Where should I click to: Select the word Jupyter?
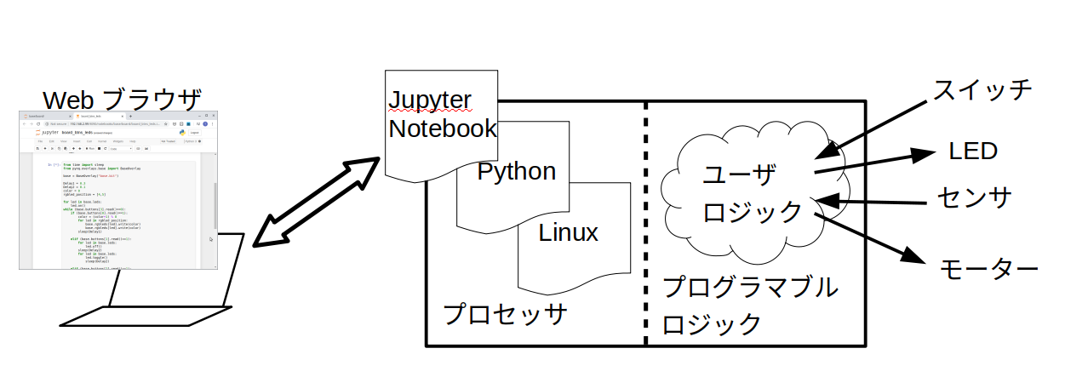click(x=428, y=100)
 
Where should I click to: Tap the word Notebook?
click(x=442, y=129)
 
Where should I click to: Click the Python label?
click(x=516, y=171)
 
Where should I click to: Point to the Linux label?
click(x=568, y=231)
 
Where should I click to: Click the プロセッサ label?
click(x=505, y=313)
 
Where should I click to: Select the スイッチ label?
click(x=982, y=89)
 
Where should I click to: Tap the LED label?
click(x=972, y=151)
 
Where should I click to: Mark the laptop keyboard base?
click(x=140, y=315)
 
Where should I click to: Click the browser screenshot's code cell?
click(x=119, y=213)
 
